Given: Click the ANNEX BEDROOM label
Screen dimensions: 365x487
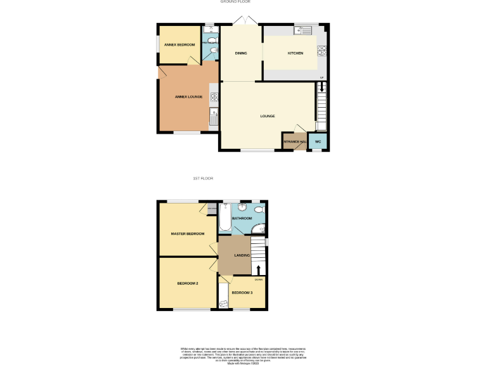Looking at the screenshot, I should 179,45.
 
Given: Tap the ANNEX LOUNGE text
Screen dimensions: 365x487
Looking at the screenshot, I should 189,96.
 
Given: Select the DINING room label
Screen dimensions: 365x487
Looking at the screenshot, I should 240,53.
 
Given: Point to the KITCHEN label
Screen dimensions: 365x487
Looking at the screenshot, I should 295,53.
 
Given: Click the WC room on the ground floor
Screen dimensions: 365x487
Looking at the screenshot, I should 318,141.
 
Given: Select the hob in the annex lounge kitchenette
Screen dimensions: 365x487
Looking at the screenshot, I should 214,96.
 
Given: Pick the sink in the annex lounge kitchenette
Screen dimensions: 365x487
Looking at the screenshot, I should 214,115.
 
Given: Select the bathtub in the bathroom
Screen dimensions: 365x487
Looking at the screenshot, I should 225,219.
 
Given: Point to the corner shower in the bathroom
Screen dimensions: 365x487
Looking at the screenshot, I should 257,229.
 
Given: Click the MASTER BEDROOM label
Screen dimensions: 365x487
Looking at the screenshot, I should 188,234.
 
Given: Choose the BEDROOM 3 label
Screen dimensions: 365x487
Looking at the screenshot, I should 242,293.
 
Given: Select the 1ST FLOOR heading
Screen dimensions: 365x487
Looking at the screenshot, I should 202,179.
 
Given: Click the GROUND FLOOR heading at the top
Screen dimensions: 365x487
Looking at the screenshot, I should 233,2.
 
